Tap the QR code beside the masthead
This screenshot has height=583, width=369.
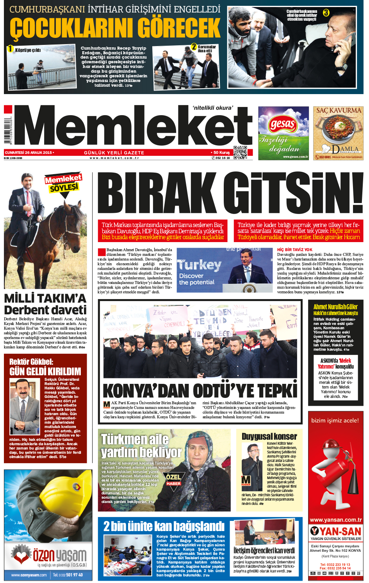(x=240, y=152)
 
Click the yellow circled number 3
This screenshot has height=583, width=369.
(x=326, y=13)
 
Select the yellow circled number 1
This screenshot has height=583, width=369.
(x=11, y=49)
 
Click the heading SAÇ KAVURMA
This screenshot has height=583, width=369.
(x=338, y=111)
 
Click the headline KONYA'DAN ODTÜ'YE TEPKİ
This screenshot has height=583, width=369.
(x=200, y=390)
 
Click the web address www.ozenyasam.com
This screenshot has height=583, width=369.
(x=29, y=575)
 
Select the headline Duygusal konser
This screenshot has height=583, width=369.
(x=269, y=436)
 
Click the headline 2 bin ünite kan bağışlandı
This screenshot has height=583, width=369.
(x=164, y=526)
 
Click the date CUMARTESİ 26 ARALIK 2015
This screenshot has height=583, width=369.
(x=29, y=153)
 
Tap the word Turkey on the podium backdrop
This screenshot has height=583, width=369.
(x=200, y=266)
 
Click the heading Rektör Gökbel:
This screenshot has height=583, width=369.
(x=31, y=362)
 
